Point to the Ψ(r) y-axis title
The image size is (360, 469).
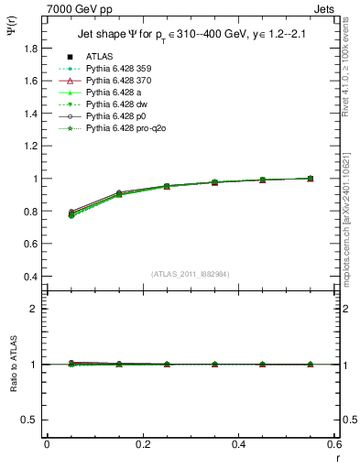pos(12,37)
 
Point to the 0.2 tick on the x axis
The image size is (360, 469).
pos(142,444)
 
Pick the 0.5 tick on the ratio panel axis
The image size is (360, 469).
pos(29,420)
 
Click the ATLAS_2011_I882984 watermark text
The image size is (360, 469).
pos(191,274)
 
